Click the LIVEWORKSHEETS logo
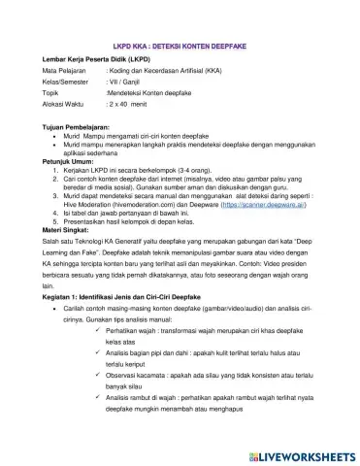point(300,452)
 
